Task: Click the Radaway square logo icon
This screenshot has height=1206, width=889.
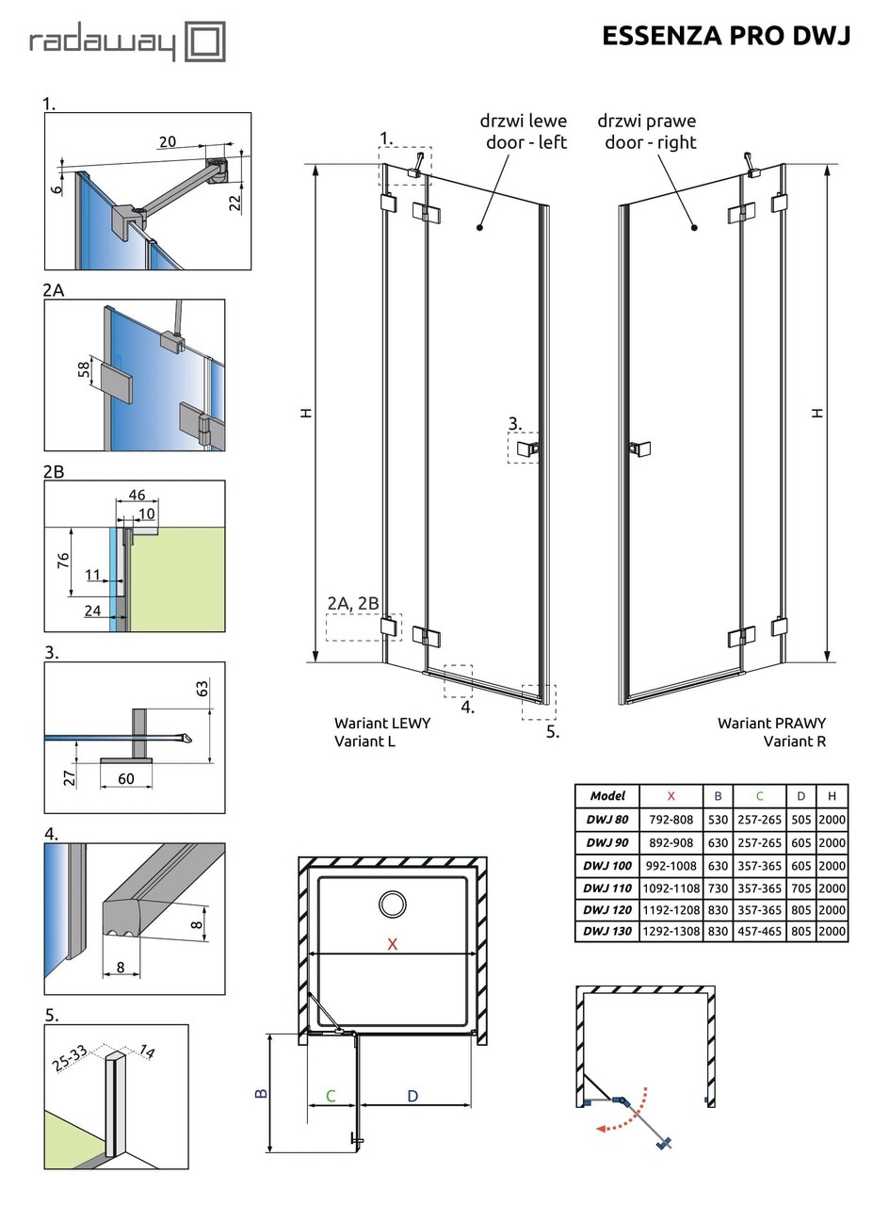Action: coord(204,42)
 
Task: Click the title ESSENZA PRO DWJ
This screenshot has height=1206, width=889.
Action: coord(726,36)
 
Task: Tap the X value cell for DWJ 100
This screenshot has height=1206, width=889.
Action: coord(671,866)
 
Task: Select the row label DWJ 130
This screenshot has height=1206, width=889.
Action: coord(607,931)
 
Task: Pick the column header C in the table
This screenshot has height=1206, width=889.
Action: coord(759,796)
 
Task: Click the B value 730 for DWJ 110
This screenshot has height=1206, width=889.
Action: coord(718,888)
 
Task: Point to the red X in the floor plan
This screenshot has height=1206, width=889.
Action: coord(393,944)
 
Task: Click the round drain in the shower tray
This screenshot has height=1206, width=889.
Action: coord(393,904)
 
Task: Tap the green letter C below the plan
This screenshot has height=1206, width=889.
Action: coord(331,1096)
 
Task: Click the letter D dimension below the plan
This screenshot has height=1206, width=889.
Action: coord(412,1096)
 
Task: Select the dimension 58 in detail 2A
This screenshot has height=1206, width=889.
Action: coord(84,370)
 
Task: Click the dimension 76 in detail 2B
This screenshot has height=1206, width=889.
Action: coord(62,561)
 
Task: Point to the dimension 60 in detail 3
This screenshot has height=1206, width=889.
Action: coord(126,777)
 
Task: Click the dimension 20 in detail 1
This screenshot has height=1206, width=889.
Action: coord(167,142)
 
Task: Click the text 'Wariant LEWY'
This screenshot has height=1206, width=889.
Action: coord(382,723)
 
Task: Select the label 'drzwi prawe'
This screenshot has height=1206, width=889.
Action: coord(647,122)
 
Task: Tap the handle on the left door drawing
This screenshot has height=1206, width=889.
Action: coord(529,448)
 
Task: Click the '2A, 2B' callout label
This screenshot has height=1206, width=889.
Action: coord(353,603)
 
